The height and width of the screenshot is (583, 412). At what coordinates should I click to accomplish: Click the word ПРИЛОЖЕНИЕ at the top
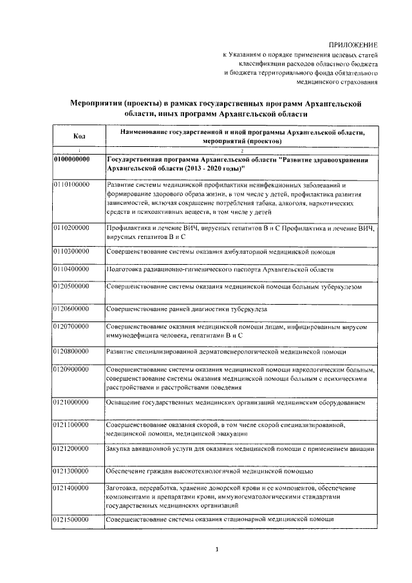click(x=353, y=44)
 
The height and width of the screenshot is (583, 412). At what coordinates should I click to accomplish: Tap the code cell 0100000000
click(x=72, y=158)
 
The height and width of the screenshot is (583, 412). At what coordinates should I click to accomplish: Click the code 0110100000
click(x=71, y=184)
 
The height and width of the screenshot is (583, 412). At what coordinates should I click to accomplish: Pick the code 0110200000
click(x=71, y=229)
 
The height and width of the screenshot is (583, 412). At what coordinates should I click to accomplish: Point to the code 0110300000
click(x=71, y=250)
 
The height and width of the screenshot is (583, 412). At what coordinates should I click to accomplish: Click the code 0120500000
click(x=71, y=285)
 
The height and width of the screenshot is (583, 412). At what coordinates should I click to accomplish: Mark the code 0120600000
click(x=71, y=309)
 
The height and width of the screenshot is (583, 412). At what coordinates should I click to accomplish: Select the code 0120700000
click(x=71, y=327)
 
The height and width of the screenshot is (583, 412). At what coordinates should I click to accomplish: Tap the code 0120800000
click(x=71, y=352)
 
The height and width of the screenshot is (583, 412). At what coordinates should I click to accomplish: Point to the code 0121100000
click(x=71, y=425)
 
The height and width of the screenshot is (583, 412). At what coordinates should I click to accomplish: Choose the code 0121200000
click(x=71, y=448)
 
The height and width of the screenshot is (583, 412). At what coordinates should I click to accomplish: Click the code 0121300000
click(x=71, y=472)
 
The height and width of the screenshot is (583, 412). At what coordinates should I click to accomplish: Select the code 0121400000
click(x=71, y=489)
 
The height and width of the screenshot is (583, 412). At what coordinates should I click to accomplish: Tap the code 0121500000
click(x=71, y=519)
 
